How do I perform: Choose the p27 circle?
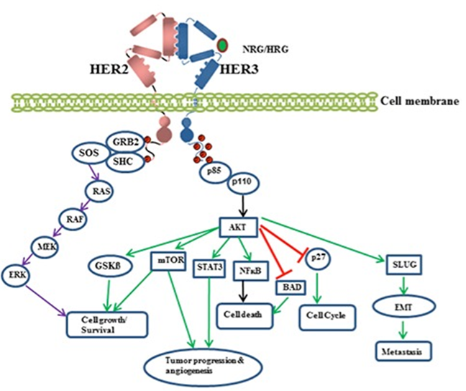(319, 257)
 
